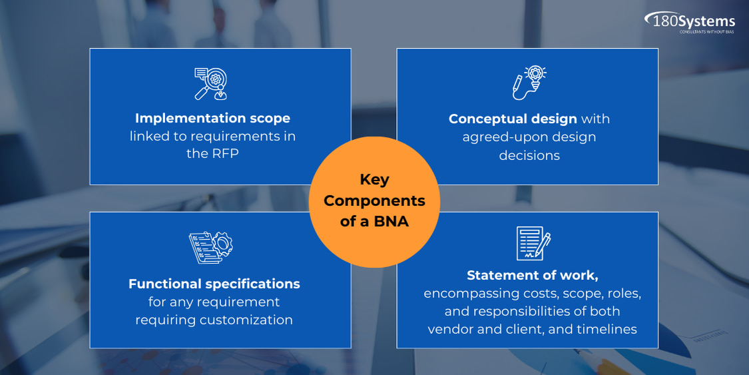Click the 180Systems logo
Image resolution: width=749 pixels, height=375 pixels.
click(690, 22)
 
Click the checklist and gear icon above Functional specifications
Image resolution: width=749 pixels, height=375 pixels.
click(210, 247)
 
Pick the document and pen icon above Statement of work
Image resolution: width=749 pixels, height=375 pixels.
click(533, 243)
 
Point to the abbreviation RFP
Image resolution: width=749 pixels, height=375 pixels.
click(225, 154)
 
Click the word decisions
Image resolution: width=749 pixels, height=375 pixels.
click(529, 155)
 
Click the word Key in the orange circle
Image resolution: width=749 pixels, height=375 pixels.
click(374, 180)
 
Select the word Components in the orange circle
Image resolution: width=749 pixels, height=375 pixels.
click(374, 201)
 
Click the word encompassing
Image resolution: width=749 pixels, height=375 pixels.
click(458, 294)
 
